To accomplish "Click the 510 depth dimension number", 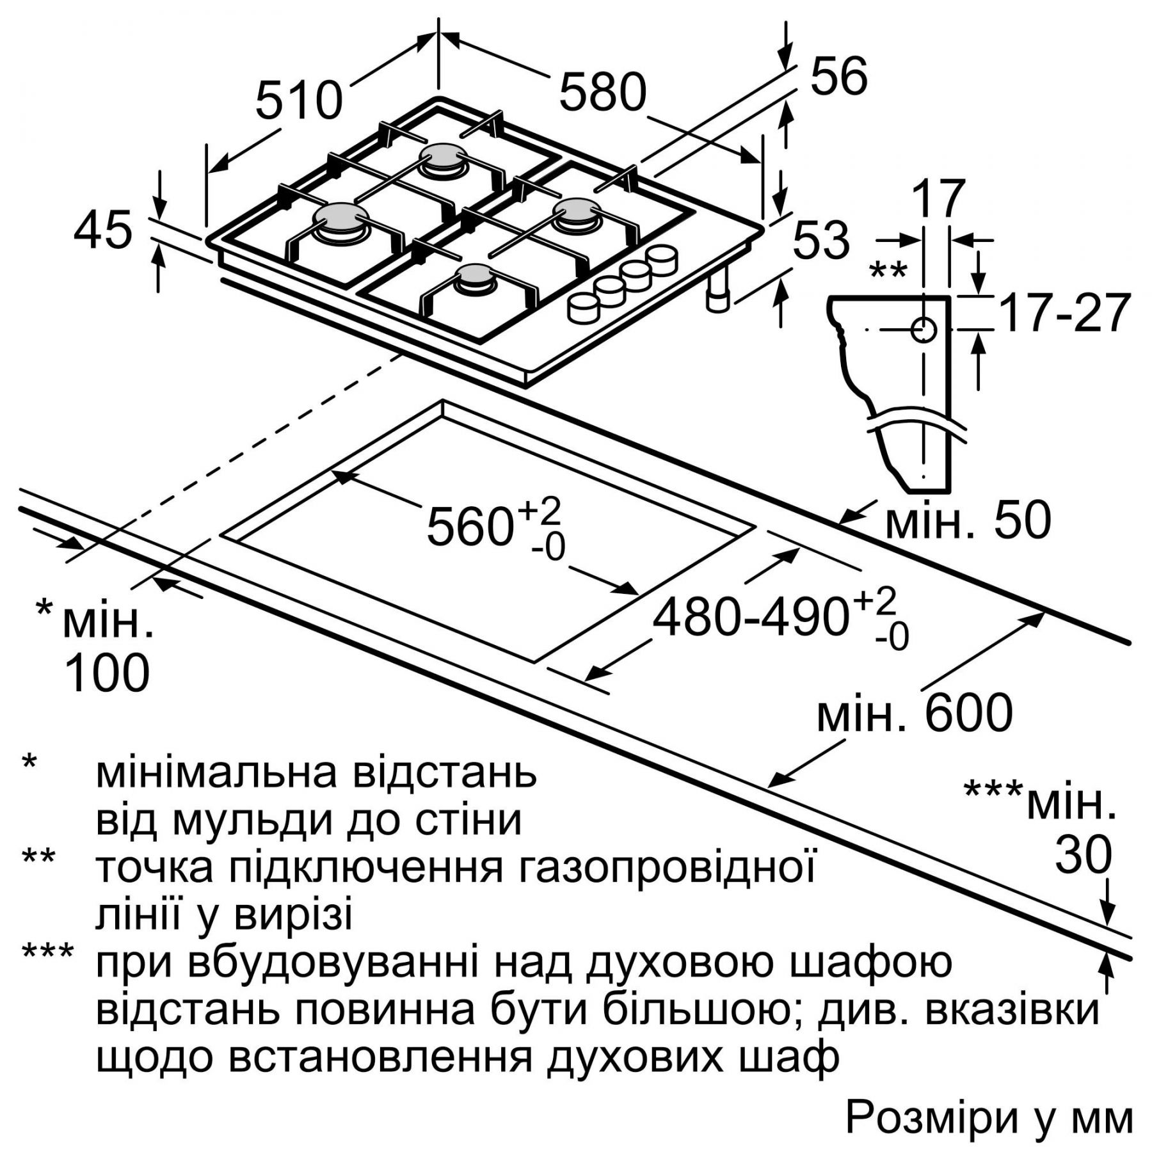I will (x=299, y=100).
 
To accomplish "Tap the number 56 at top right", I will (x=838, y=77).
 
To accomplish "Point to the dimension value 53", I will (x=821, y=241).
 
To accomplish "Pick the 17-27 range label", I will (x=1062, y=314).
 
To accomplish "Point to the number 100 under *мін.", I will (x=108, y=673).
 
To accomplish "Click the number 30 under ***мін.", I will (x=1083, y=855).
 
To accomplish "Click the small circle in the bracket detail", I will (x=924, y=330).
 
